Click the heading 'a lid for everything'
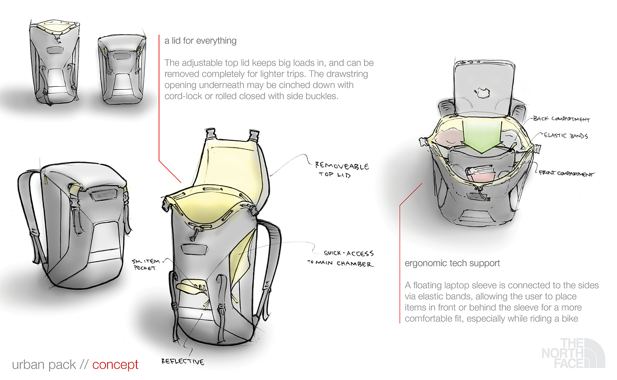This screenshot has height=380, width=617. [200, 41]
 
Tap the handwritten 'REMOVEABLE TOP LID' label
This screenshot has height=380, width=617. [342, 170]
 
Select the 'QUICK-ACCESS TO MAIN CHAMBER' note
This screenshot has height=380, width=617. [341, 258]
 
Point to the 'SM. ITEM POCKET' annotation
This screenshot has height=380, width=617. [146, 265]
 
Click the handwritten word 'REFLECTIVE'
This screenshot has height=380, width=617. [183, 361]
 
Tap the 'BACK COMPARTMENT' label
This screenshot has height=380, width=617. [562, 119]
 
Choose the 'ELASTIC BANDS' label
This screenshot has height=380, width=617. [566, 136]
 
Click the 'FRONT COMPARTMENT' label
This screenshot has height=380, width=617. [566, 173]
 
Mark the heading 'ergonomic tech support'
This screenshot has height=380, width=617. [452, 263]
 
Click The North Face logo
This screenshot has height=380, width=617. [573, 353]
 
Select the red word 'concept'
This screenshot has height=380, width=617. [115, 365]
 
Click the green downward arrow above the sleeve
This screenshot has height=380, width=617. [483, 136]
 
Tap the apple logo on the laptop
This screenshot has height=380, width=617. [482, 93]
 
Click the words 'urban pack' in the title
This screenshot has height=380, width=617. [44, 365]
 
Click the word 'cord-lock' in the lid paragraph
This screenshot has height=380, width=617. [184, 96]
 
